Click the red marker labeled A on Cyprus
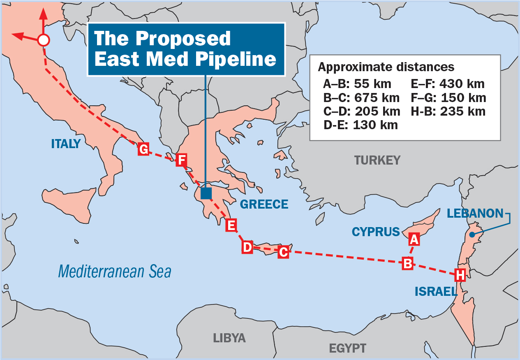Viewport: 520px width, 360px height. pyautogui.click(x=414, y=239)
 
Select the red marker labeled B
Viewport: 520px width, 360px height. pyautogui.click(x=407, y=263)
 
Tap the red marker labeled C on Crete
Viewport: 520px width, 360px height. pyautogui.click(x=283, y=252)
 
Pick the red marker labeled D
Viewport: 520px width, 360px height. pyautogui.click(x=247, y=247)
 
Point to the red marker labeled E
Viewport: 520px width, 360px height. pyautogui.click(x=231, y=225)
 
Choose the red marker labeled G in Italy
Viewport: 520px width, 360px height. pyautogui.click(x=143, y=149)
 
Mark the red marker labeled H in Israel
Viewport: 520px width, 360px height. pyautogui.click(x=460, y=274)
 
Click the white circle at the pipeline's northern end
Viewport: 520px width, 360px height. pyautogui.click(x=43, y=40)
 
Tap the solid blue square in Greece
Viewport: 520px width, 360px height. pyautogui.click(x=206, y=193)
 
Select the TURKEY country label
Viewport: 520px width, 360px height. pyautogui.click(x=377, y=160)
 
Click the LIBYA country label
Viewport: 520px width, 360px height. pyautogui.click(x=229, y=338)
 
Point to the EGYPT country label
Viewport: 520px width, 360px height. pyautogui.click(x=347, y=348)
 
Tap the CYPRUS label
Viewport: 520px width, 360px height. pyautogui.click(x=376, y=232)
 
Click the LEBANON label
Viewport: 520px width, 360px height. pyautogui.click(x=475, y=213)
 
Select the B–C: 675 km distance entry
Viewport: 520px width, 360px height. pyautogui.click(x=361, y=98)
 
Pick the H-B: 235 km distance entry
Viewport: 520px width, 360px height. pyautogui.click(x=448, y=111)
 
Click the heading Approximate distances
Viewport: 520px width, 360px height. pyautogui.click(x=386, y=67)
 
